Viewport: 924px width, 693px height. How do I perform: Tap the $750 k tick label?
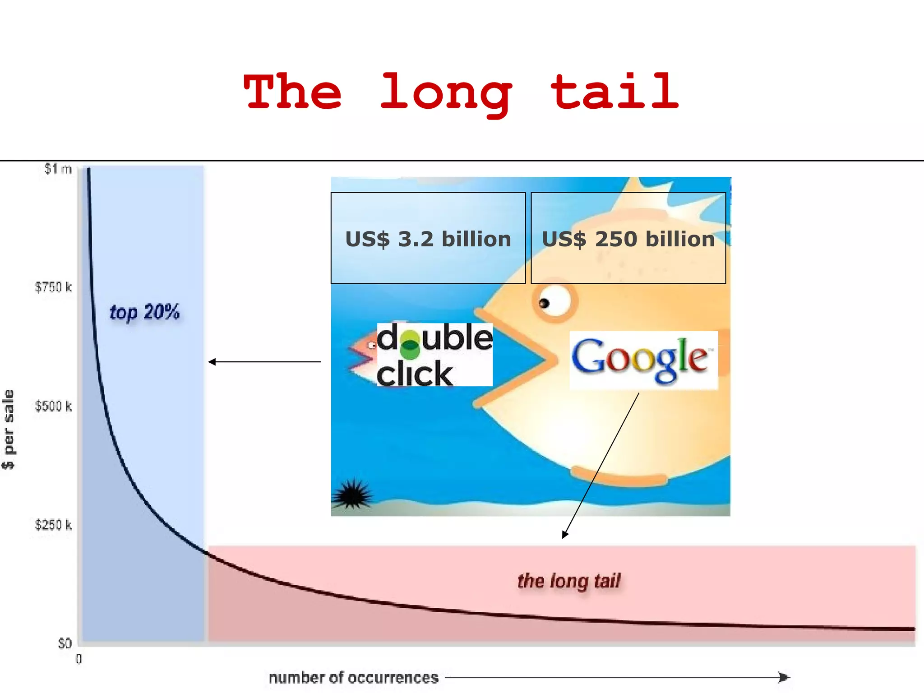pyautogui.click(x=53, y=287)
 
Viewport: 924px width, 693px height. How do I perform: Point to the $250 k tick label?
pyautogui.click(x=53, y=525)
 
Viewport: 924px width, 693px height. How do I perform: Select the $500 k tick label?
pyautogui.click(x=53, y=406)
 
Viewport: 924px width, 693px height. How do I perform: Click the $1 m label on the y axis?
pyautogui.click(x=58, y=169)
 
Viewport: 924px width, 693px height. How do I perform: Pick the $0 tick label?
pyautogui.click(x=65, y=643)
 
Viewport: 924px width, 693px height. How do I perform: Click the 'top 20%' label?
pyautogui.click(x=144, y=312)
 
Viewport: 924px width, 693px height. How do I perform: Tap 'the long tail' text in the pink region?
pyautogui.click(x=568, y=581)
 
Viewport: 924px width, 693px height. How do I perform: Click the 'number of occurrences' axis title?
pyautogui.click(x=353, y=678)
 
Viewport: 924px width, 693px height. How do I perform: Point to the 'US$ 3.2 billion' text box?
pyautogui.click(x=428, y=238)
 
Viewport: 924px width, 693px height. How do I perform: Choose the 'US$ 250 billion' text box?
pyautogui.click(x=628, y=238)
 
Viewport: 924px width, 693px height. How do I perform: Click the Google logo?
pyautogui.click(x=642, y=360)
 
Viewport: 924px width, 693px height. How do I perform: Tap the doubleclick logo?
pyautogui.click(x=434, y=355)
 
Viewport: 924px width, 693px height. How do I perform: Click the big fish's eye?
pyautogui.click(x=553, y=302)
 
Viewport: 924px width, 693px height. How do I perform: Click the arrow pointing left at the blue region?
pyautogui.click(x=264, y=361)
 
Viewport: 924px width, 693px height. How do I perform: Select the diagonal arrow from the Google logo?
pyautogui.click(x=601, y=465)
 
